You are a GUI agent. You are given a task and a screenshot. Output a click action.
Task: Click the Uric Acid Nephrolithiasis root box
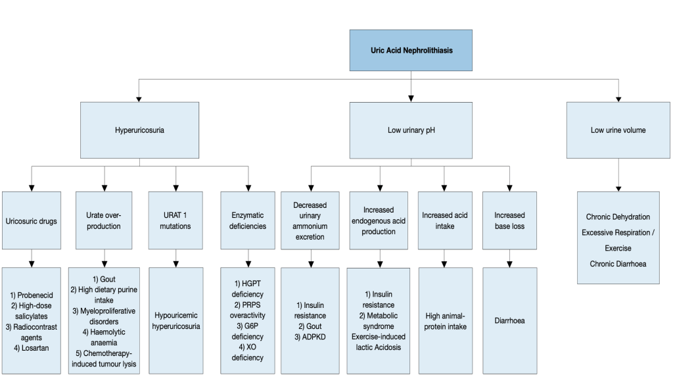point(411,51)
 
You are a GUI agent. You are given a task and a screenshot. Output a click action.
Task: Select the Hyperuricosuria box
point(139,130)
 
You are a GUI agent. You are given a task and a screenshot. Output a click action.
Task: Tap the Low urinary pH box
point(411,130)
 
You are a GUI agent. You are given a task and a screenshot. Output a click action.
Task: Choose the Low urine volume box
point(618,130)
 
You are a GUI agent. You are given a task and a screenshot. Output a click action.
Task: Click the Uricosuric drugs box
point(32,221)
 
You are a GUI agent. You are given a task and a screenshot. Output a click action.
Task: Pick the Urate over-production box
point(104,221)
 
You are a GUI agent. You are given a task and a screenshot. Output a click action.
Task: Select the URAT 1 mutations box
point(175,221)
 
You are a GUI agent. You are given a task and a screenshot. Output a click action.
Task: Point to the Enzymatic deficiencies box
point(248,221)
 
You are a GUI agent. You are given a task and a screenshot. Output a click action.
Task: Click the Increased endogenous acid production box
point(379,221)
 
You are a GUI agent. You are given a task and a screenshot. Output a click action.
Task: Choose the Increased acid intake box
point(444,221)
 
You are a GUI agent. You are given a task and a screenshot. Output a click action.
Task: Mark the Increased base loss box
point(509,221)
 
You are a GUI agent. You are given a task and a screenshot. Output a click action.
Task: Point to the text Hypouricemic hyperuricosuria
point(175,320)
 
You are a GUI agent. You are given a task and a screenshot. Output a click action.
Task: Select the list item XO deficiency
point(248,353)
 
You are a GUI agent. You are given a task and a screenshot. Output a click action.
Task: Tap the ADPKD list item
point(310,336)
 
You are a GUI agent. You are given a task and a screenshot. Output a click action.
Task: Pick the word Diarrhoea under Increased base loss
point(509,321)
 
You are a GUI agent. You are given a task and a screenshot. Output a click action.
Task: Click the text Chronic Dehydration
point(618,217)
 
